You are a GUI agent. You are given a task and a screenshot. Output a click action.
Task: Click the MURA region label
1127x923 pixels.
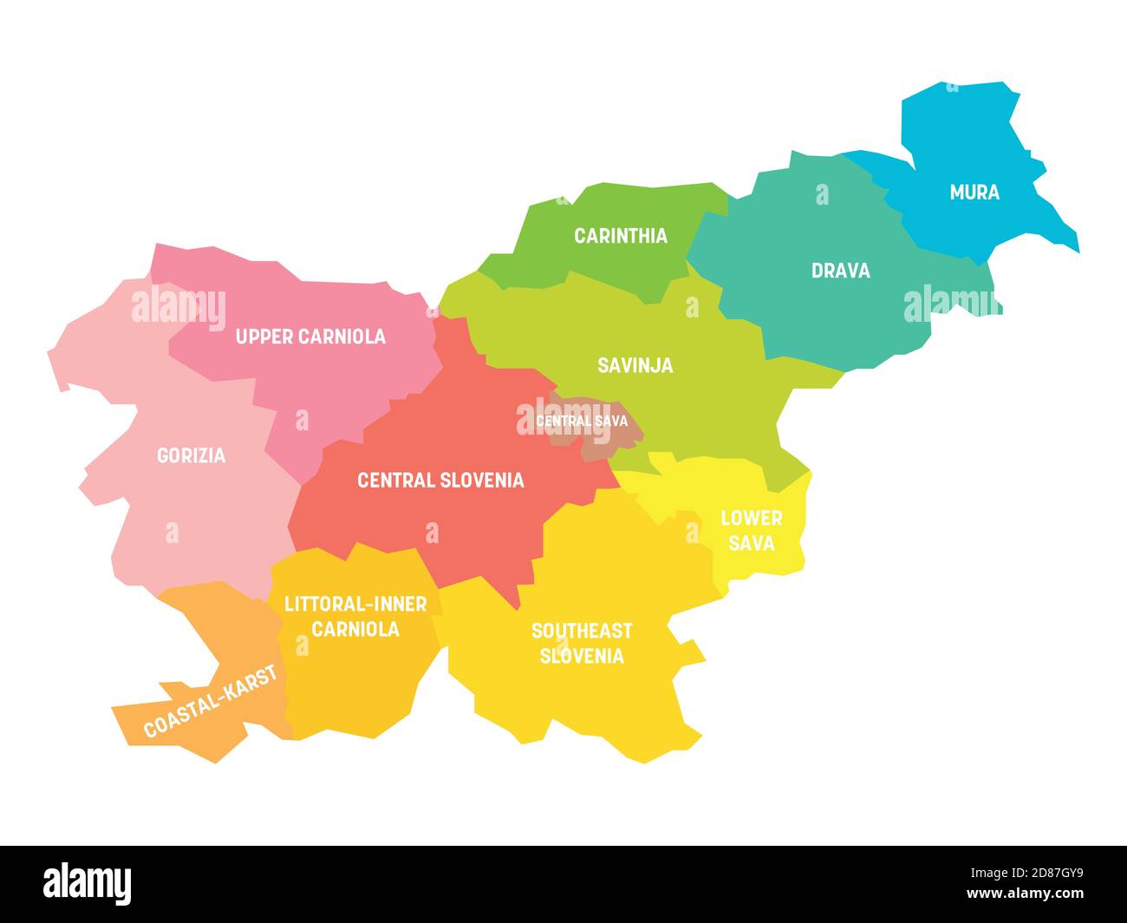(974, 193)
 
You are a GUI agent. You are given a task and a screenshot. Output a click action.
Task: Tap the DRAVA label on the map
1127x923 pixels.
(840, 271)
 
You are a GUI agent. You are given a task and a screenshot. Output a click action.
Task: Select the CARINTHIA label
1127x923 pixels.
(621, 236)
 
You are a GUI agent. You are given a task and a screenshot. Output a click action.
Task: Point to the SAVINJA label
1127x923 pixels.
(635, 366)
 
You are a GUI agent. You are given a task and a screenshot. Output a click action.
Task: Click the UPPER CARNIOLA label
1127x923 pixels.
(310, 337)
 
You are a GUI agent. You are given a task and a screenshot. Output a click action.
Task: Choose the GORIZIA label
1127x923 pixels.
(191, 455)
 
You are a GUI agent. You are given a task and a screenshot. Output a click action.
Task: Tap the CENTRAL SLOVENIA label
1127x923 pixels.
(440, 481)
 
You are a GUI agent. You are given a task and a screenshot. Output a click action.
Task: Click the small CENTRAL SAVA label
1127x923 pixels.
(581, 422)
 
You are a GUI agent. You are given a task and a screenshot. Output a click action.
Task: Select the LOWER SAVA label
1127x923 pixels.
(752, 531)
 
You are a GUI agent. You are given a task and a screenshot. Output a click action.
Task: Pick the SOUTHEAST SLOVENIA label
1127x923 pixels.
(582, 643)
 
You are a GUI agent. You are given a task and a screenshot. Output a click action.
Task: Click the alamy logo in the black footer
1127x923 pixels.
(88, 884)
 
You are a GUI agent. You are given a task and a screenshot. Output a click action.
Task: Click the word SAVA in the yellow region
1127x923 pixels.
(752, 544)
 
